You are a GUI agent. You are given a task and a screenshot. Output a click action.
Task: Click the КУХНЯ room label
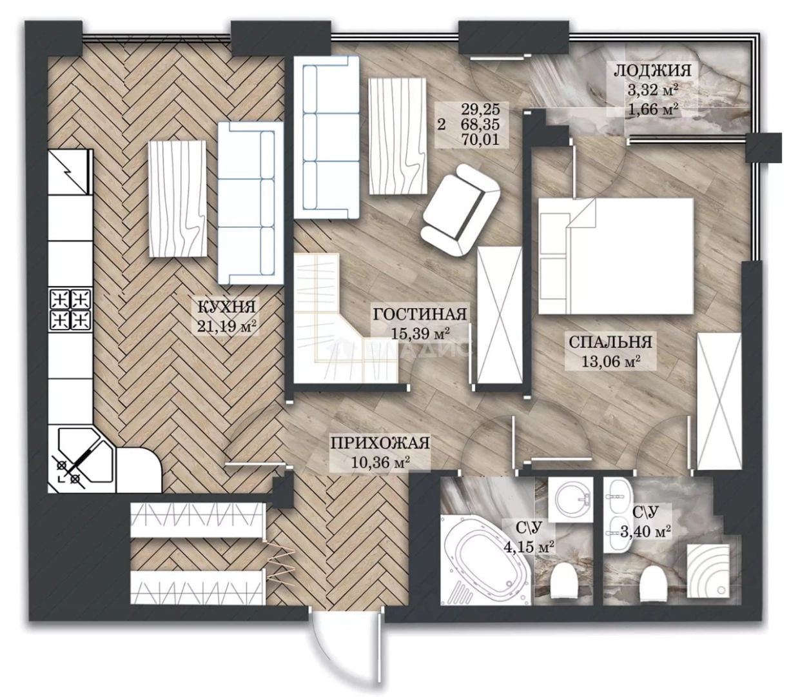226,306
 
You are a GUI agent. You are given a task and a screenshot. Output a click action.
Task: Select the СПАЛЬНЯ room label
610,342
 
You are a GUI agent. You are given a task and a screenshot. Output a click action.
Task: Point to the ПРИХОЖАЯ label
380,443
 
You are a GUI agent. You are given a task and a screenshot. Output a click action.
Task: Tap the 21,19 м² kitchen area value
227,326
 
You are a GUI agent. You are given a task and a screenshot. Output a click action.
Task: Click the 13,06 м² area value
610,361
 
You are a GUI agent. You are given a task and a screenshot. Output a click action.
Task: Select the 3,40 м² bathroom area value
647,531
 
